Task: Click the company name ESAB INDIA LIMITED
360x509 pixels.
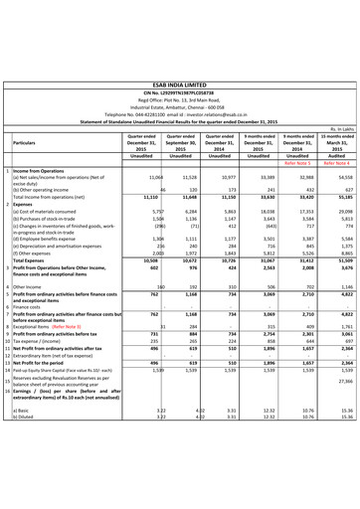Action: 180,59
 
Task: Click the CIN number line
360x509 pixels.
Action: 180,67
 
